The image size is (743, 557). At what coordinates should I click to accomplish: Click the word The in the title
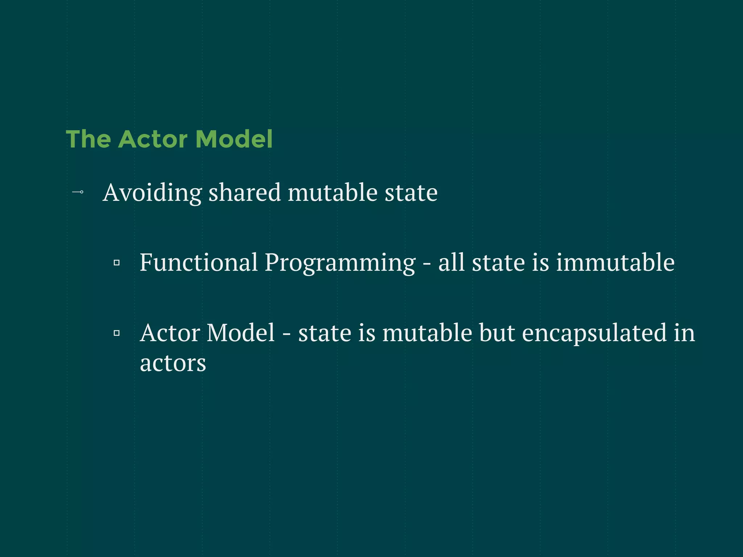click(x=88, y=139)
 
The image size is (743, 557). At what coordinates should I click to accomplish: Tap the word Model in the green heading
click(x=234, y=139)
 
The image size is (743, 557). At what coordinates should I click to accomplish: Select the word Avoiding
click(x=152, y=193)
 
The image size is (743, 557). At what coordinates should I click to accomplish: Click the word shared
click(x=245, y=193)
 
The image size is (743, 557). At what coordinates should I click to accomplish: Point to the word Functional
click(x=199, y=262)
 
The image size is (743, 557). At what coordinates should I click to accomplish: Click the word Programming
click(x=340, y=263)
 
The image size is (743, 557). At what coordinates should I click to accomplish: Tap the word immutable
click(x=615, y=262)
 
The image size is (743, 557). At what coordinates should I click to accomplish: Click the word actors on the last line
click(x=173, y=363)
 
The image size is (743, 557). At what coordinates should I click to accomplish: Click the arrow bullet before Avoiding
click(x=78, y=192)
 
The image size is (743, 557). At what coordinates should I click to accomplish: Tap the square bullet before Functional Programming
click(x=116, y=263)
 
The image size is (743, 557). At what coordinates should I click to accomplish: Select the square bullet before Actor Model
click(x=116, y=333)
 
